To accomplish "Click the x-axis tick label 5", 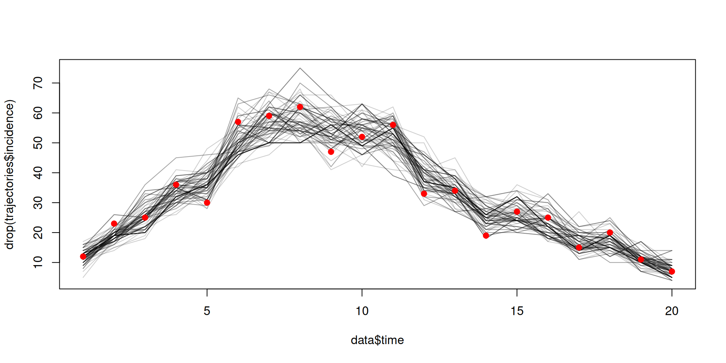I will point(207,311).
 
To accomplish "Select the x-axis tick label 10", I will point(362,311).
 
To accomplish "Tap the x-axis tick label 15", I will point(517,311).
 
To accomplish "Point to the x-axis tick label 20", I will point(672,311).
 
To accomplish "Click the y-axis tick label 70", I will point(38,83).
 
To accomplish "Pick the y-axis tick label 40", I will point(38,173).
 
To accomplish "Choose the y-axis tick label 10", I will point(38,262).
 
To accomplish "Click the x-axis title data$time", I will point(377,340).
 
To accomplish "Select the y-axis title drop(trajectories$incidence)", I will point(9,174).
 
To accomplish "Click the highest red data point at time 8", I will point(300,107).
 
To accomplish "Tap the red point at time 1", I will point(83,256).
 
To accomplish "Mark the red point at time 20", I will point(672,271).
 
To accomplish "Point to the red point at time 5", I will point(207,203).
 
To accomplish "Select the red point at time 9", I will point(331,152).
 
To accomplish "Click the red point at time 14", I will point(486,236).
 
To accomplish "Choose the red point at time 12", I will point(424,194).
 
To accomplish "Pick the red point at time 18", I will point(610,233).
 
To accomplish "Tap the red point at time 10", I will point(362,137).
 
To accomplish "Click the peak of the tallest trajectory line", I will point(300,68).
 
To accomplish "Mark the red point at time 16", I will point(548,217).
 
